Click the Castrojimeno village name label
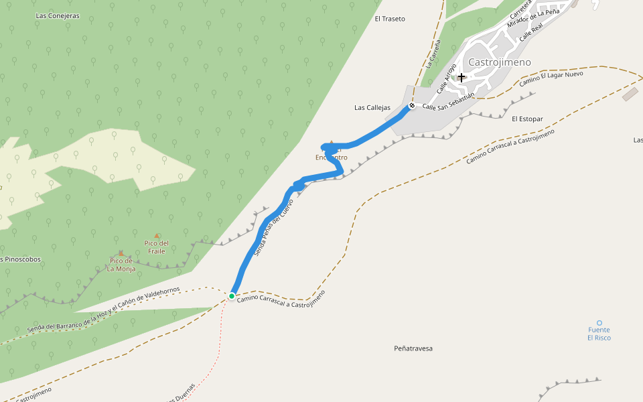point(500,62)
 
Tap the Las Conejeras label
point(58,15)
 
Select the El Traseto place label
point(390,19)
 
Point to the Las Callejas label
point(372,107)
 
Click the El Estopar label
point(526,119)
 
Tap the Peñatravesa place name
point(413,348)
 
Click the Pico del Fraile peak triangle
point(157,236)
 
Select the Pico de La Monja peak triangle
point(121,254)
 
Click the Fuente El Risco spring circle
point(599,323)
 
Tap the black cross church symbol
point(461,77)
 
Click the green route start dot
point(232,295)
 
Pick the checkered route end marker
point(412,105)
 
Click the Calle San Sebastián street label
point(448,102)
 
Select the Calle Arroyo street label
point(447,78)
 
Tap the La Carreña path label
point(433,54)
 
